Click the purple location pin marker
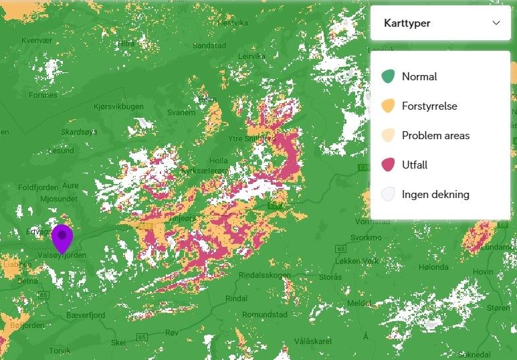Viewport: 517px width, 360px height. tap(62, 238)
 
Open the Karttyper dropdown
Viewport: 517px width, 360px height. tap(441, 23)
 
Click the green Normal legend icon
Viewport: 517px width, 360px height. tap(388, 76)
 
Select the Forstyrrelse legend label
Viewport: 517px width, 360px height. tap(429, 106)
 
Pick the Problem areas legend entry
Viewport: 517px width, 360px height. tap(435, 135)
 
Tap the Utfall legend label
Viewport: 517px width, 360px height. tap(415, 165)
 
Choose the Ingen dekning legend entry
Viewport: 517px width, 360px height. tap(435, 195)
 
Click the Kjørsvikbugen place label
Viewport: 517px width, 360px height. tap(119, 106)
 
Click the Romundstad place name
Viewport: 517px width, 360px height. tap(264, 314)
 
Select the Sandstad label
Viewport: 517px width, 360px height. tap(209, 46)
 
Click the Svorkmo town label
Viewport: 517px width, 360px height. tap(366, 238)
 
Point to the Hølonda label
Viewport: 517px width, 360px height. tap(433, 267)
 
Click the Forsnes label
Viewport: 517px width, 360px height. tap(43, 95)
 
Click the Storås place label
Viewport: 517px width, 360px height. tap(330, 276)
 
